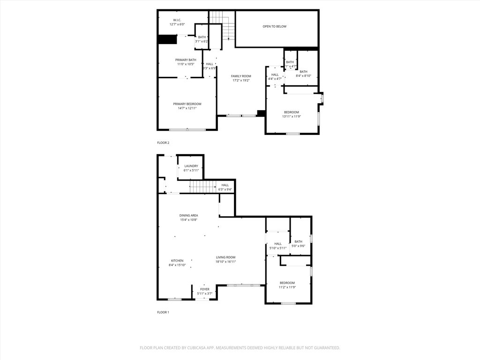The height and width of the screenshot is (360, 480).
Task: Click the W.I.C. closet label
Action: (177, 20)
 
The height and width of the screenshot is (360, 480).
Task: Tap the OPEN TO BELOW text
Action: (274, 27)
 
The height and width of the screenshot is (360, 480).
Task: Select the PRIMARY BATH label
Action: (186, 60)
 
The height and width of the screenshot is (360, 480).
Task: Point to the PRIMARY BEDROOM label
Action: (187, 104)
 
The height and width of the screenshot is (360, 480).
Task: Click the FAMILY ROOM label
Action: (241, 76)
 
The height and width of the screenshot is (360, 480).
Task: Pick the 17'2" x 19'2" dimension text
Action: (241, 81)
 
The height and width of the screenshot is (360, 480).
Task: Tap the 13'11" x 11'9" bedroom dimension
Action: (291, 117)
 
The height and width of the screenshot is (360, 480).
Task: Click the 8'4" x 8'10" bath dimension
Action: (303, 76)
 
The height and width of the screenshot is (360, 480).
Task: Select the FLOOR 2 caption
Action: (163, 142)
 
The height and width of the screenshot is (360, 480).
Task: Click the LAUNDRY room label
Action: (191, 166)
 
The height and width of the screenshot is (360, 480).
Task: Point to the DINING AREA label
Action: (188, 216)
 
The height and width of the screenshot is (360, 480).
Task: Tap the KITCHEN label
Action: (177, 261)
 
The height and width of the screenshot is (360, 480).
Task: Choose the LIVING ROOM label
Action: (225, 257)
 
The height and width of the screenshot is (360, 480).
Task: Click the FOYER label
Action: (205, 289)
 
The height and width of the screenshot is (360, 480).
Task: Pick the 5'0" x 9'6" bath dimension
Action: (299, 246)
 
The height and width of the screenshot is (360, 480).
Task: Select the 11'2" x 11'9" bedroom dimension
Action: (287, 287)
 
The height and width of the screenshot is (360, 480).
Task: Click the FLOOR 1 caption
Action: (163, 312)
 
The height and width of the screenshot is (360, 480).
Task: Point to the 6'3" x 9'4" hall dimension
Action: (225, 189)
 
